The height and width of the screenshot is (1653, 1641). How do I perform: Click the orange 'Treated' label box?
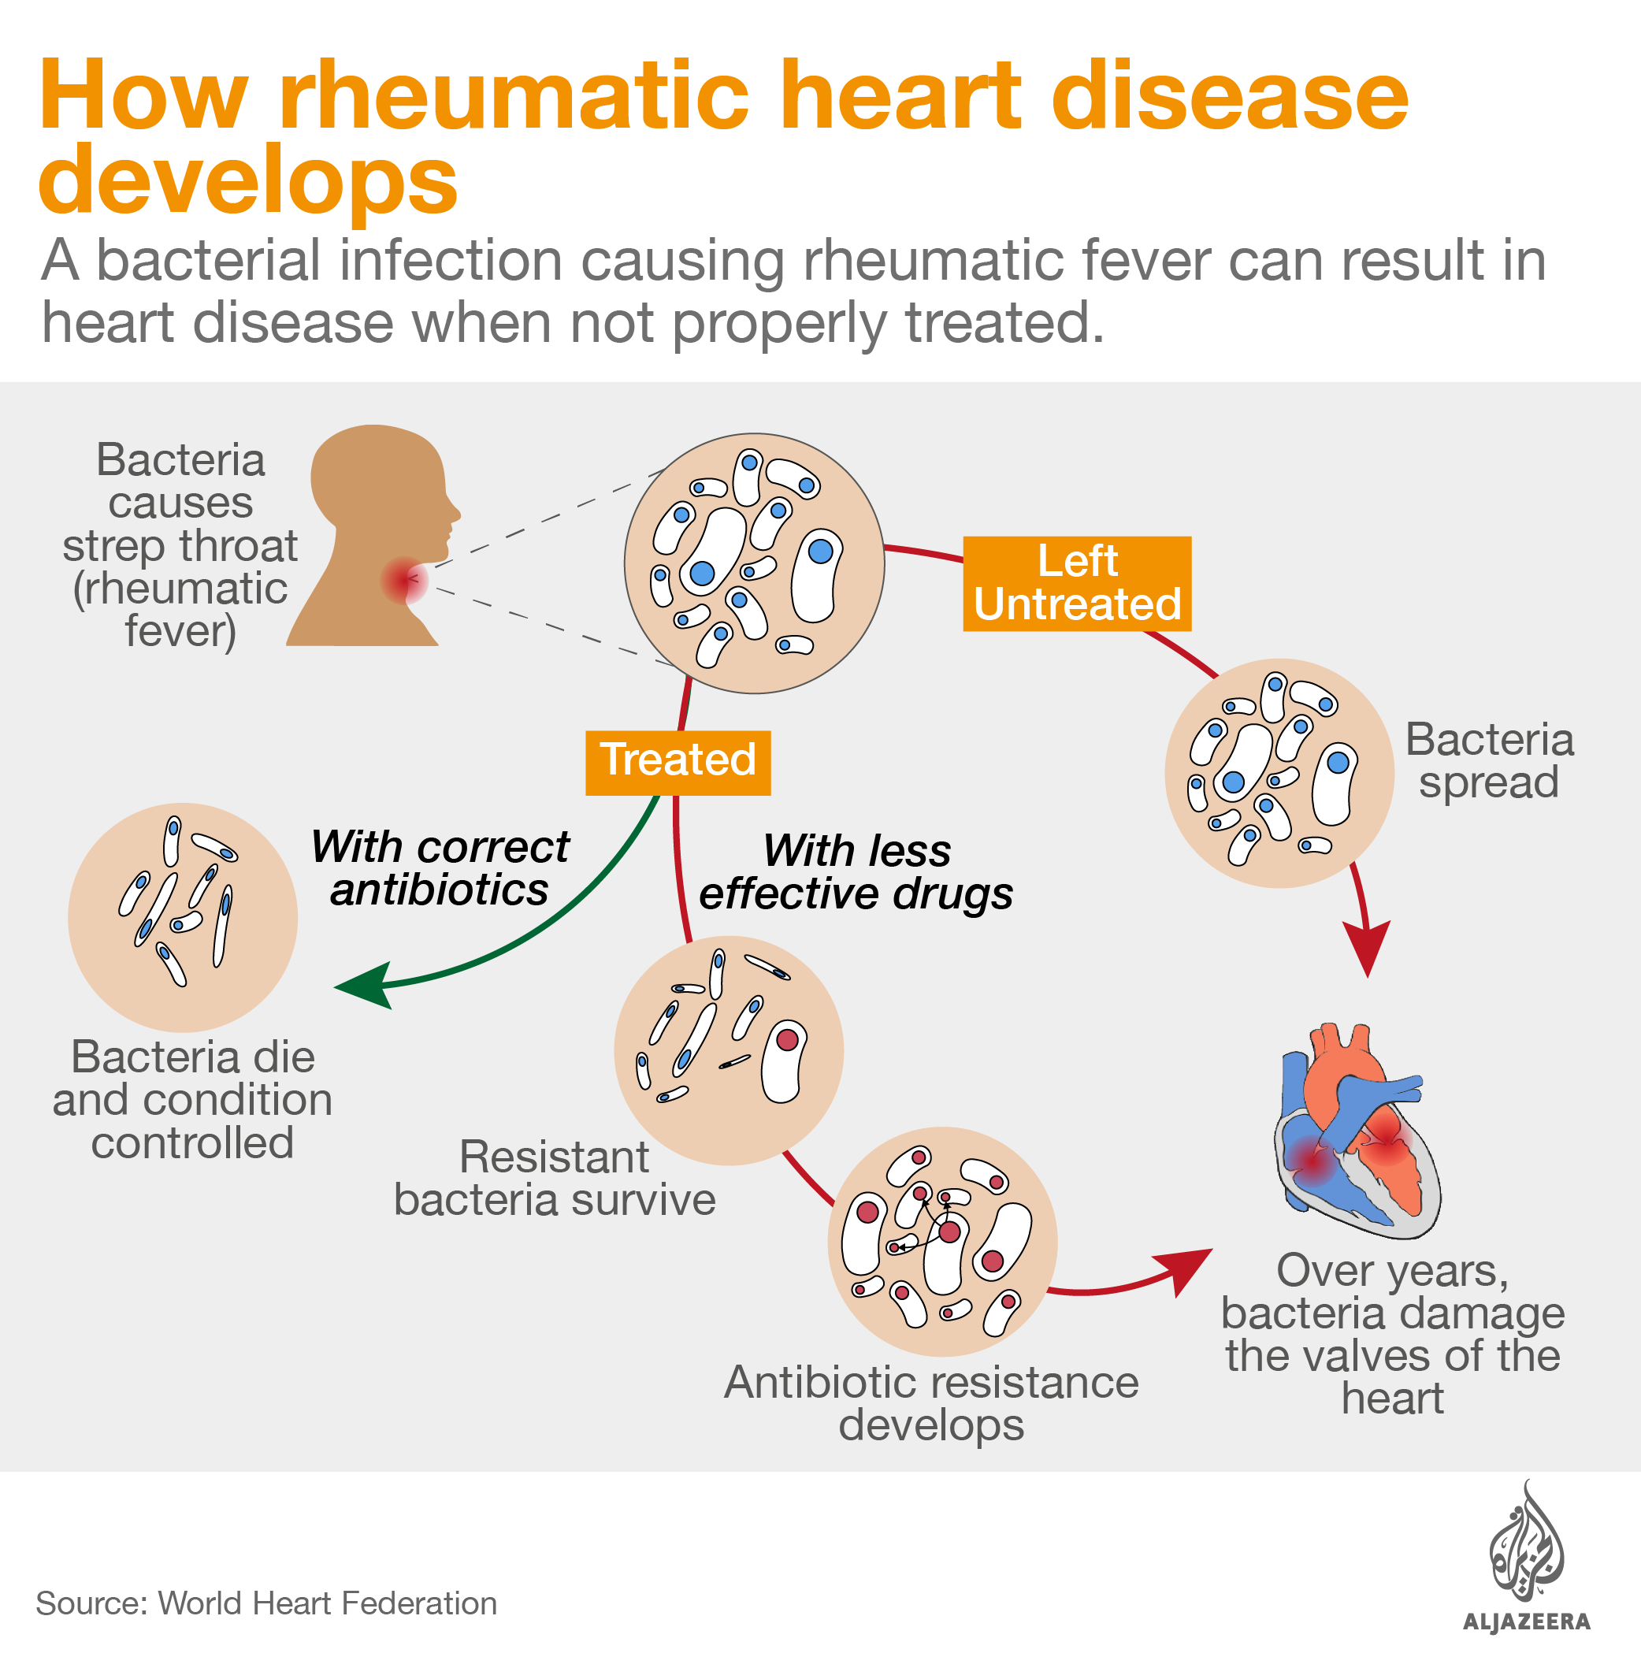678,763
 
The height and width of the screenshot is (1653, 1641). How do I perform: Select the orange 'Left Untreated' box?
1076,584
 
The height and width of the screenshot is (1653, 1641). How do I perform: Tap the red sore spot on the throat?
403,580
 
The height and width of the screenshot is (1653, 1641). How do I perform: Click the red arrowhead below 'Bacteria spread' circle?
1366,948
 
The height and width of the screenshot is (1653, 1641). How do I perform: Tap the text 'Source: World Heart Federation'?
266,1603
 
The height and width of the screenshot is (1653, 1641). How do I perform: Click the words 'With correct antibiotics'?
440,867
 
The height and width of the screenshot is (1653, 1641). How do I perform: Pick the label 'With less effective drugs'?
856,872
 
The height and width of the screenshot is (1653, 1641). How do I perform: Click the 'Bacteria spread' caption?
1489,760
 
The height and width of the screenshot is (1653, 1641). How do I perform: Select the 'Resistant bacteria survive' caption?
555,1178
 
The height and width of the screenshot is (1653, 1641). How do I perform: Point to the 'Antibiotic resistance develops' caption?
931,1403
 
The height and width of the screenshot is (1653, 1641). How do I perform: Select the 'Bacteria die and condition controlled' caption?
192,1099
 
